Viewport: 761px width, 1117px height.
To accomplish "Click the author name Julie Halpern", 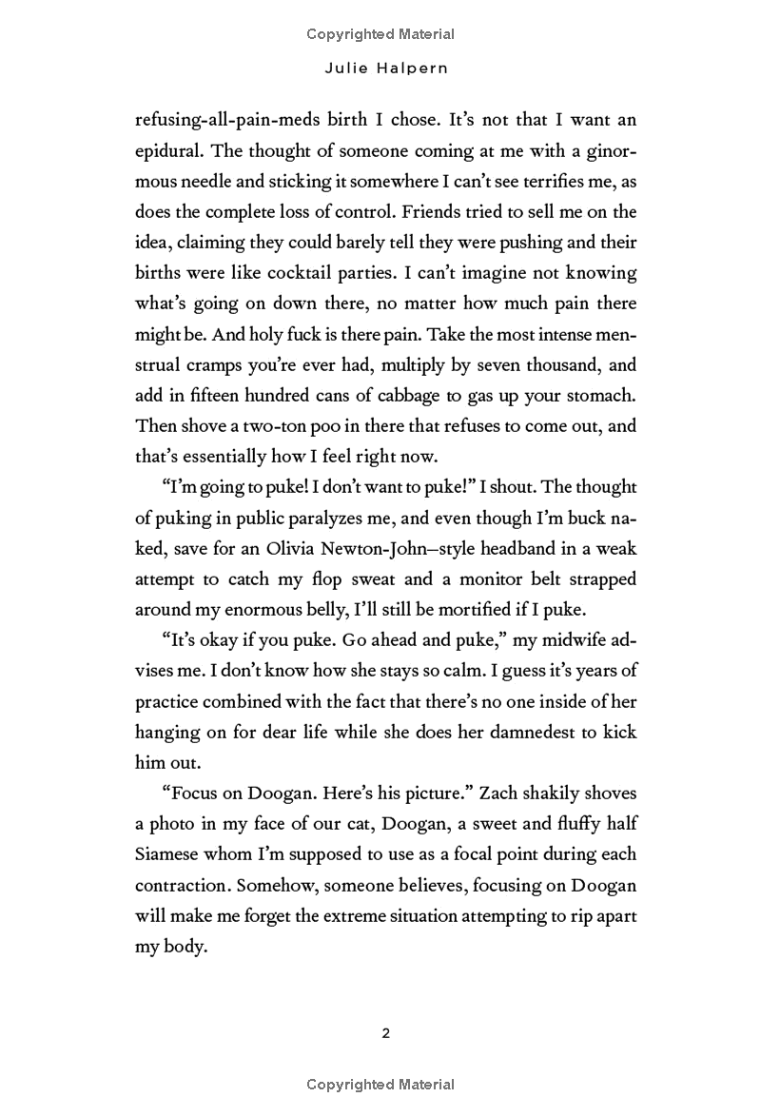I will point(380,69).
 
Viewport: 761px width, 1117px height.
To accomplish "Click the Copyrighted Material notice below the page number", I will point(380,1085).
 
